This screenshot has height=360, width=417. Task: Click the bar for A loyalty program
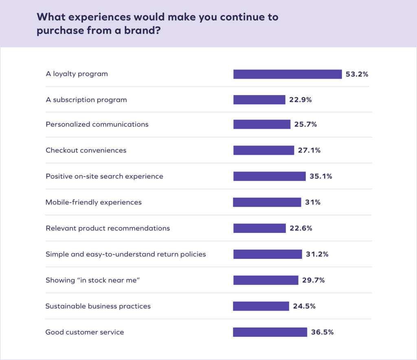click(x=287, y=74)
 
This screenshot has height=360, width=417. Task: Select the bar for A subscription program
click(x=259, y=100)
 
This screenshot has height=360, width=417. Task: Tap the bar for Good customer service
click(x=270, y=332)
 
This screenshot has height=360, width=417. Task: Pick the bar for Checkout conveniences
click(x=263, y=150)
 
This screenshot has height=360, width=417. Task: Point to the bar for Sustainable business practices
click(x=261, y=306)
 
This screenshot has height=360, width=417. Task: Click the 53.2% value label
click(x=357, y=74)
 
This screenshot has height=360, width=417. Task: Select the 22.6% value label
click(x=301, y=228)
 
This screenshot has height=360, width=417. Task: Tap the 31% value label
click(x=312, y=202)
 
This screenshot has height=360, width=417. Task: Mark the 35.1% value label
click(x=321, y=177)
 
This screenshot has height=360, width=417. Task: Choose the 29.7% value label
click(x=314, y=280)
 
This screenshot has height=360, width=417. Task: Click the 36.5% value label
click(x=322, y=332)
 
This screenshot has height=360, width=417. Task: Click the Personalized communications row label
click(x=97, y=124)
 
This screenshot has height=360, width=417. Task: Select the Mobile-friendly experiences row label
click(x=94, y=202)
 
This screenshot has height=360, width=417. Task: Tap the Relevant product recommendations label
click(x=108, y=228)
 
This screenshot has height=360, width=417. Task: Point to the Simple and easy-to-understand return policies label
click(x=126, y=254)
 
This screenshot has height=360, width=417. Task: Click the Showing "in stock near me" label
click(x=93, y=280)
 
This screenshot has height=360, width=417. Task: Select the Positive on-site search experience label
click(x=104, y=177)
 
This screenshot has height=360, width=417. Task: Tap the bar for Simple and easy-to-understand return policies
click(x=268, y=254)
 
